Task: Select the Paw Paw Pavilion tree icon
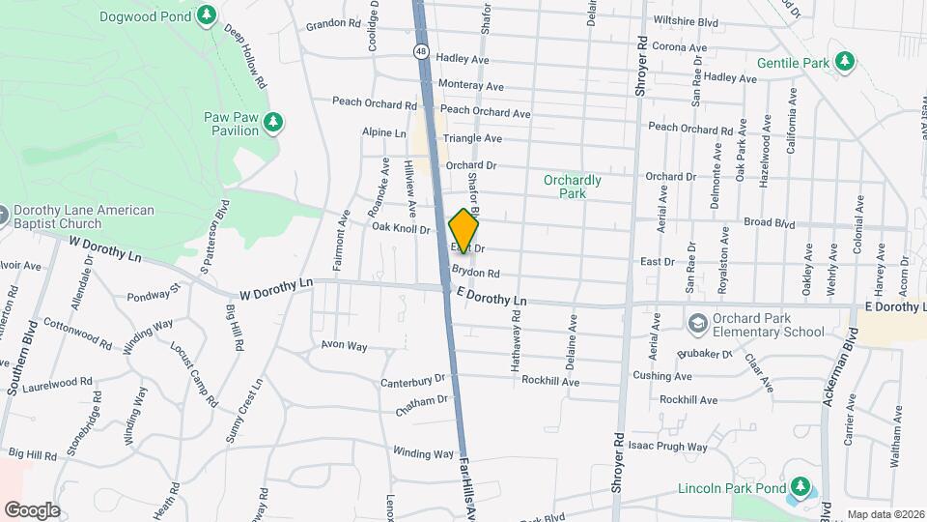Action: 274,121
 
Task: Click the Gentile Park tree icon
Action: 845,61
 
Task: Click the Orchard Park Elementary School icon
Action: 698,322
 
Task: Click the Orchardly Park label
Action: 572,187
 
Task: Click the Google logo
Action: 31,509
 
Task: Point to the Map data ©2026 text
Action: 885,514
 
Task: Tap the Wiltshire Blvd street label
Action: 686,20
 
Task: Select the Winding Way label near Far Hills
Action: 423,452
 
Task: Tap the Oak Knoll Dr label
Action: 400,228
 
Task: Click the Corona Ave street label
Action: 680,46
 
